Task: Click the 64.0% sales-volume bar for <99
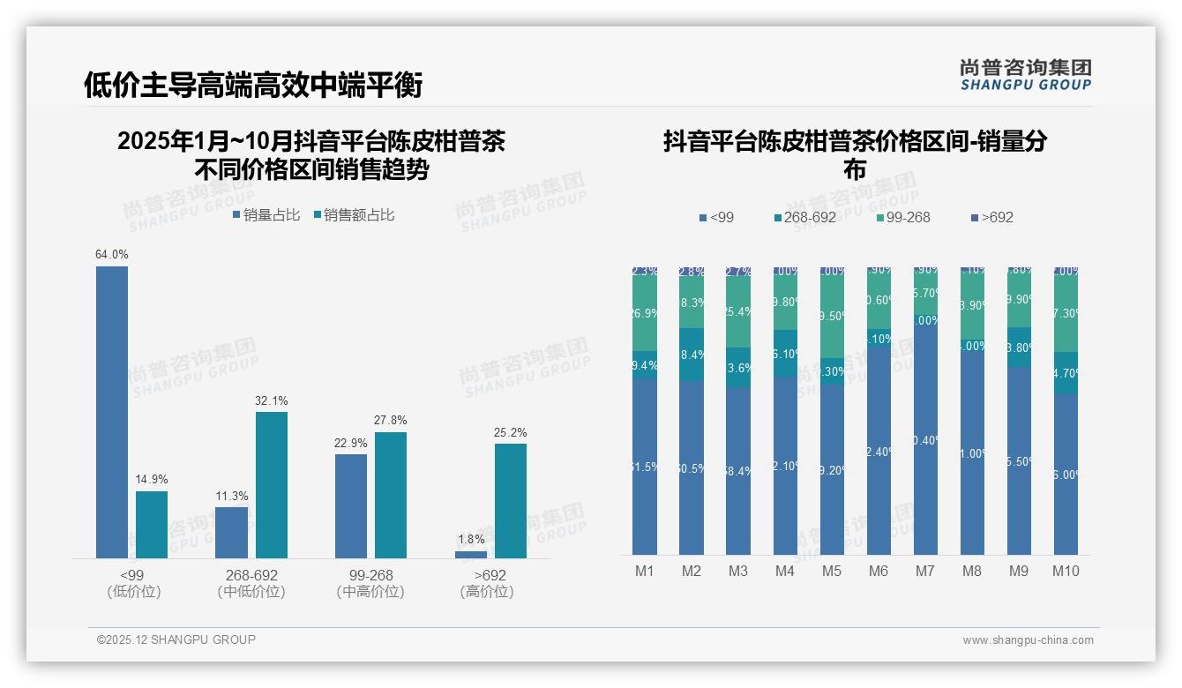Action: tap(112, 412)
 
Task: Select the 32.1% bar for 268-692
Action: tap(272, 484)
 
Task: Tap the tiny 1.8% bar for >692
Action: tap(471, 554)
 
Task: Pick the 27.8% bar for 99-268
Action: tap(391, 494)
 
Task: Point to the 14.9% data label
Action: tap(152, 480)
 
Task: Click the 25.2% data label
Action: tap(511, 432)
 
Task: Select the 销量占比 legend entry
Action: tap(266, 215)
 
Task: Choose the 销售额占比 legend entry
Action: tap(354, 215)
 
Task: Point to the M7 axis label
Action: tap(924, 571)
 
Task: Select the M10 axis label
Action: tap(1066, 571)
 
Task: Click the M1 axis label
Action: tap(645, 571)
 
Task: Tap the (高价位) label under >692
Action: tap(487, 592)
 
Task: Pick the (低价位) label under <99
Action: tap(133, 592)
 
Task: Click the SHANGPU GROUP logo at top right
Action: tap(1025, 74)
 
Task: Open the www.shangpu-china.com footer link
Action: tap(1028, 640)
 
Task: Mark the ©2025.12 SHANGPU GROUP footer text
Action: tap(176, 639)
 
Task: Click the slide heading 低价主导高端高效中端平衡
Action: tap(253, 85)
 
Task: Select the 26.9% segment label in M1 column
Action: tap(645, 313)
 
